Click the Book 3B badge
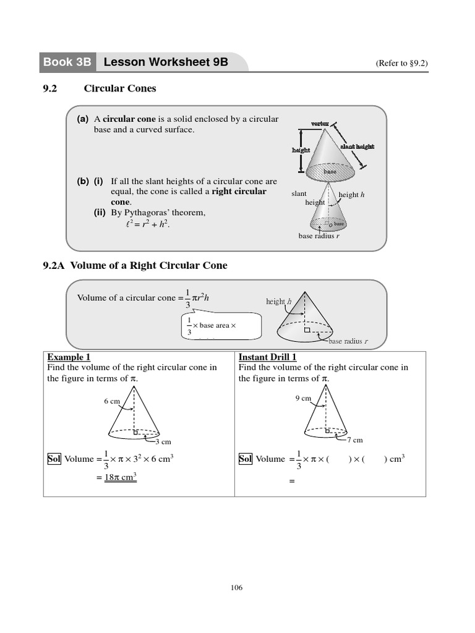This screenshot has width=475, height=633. click(x=67, y=62)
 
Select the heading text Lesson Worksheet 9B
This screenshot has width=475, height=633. click(x=166, y=62)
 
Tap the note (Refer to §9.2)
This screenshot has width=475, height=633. click(x=402, y=63)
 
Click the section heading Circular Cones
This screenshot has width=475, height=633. click(x=120, y=88)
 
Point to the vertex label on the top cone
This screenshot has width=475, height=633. click(x=320, y=124)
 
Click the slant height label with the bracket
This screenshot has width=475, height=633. click(x=357, y=147)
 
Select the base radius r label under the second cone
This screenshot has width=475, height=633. click(x=319, y=236)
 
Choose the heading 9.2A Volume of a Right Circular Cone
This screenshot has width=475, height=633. click(x=135, y=265)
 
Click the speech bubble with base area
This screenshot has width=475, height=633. click(x=220, y=325)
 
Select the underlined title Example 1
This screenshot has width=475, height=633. click(x=69, y=357)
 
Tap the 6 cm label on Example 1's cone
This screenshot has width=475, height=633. click(x=112, y=401)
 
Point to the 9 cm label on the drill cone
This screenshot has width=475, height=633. click(x=303, y=398)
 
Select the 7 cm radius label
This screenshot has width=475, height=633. click(x=354, y=440)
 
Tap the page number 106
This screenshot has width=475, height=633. click(x=236, y=588)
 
